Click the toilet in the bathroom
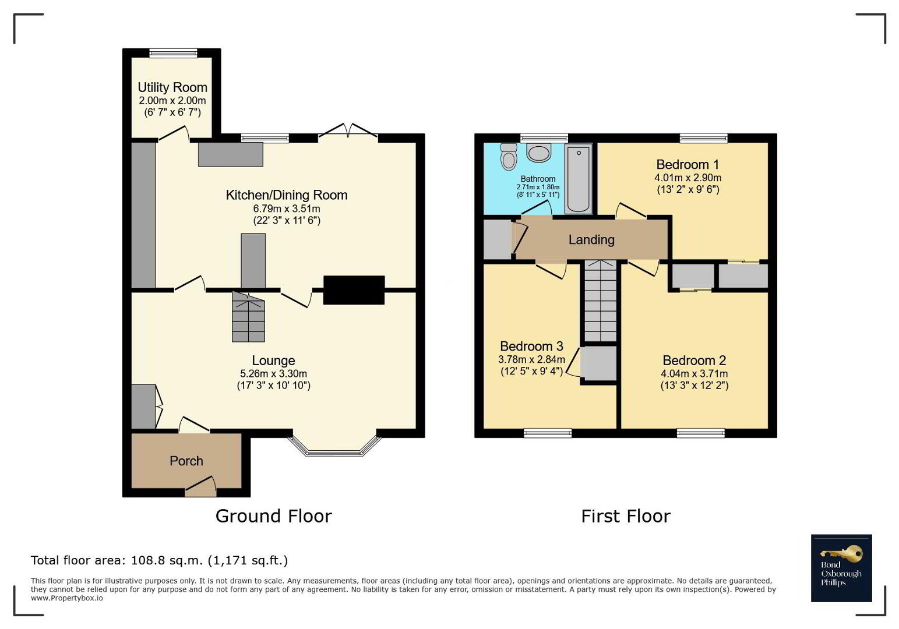pos(509,157)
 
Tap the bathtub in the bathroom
pos(579,179)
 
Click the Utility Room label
pos(172,87)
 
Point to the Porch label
pos(186,461)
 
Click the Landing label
pos(591,240)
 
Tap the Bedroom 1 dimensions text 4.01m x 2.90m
pos(688,177)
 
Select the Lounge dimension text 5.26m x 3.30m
pos(274,373)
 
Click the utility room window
pos(174,53)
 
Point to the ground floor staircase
pos(248,317)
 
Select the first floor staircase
pos(600,301)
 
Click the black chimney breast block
pos(354,290)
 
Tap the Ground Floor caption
pos(274,516)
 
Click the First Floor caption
pos(626,516)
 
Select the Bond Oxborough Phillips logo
pos(841,568)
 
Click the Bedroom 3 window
pos(548,432)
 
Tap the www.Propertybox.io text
pos(66,598)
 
